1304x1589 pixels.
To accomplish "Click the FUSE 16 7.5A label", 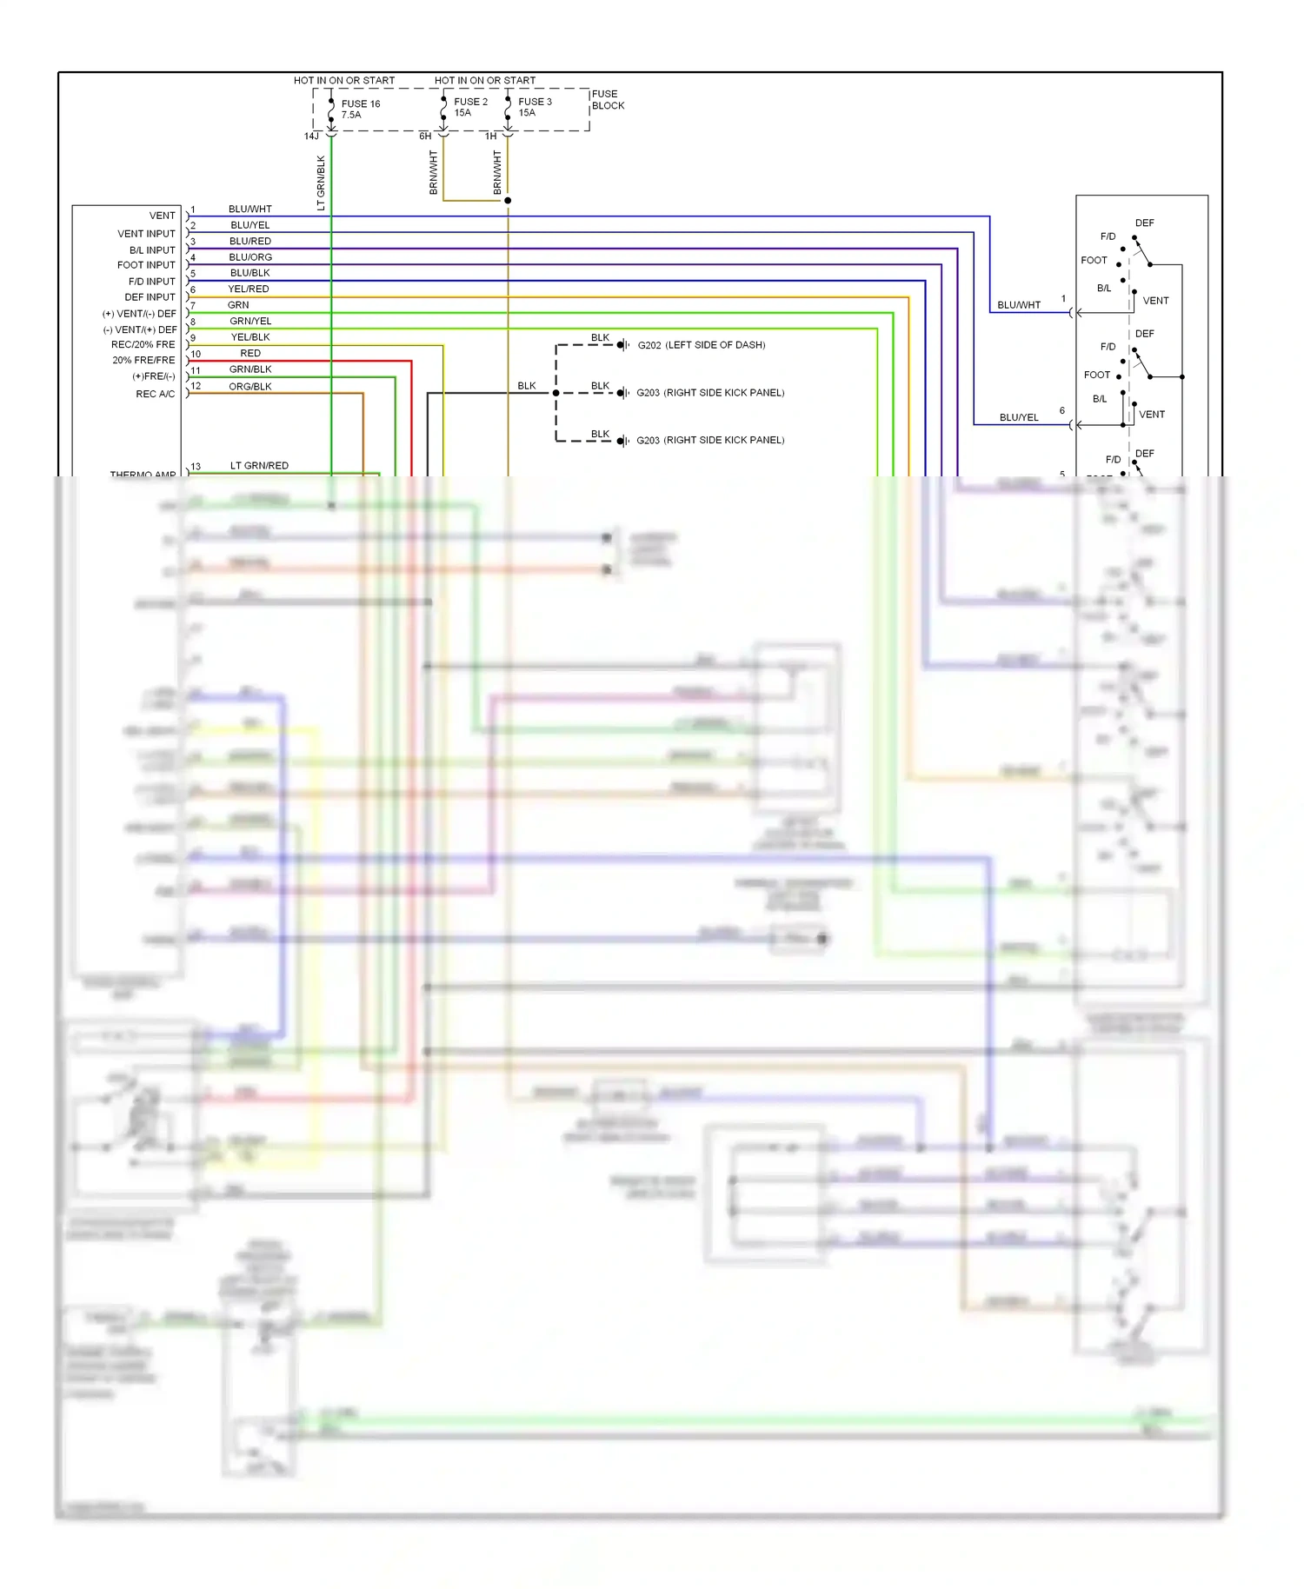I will coord(360,110).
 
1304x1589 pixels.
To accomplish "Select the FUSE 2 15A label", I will coord(470,107).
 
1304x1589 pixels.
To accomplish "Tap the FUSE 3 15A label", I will coord(535,107).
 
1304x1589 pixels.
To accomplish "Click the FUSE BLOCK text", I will coord(608,100).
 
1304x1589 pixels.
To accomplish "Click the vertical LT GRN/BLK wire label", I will coord(321,183).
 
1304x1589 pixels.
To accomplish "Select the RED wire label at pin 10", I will coord(250,354).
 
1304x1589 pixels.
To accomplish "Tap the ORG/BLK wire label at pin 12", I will coord(250,387).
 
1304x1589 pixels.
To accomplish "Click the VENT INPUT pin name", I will coord(146,234).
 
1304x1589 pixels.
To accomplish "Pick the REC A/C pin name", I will coord(155,395).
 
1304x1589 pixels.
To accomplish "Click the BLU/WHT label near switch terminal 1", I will coord(1019,305).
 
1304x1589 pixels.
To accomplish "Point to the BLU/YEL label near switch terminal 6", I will coord(1019,417).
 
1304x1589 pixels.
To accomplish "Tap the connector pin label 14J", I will coord(311,136).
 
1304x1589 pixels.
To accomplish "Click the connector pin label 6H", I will coord(425,136).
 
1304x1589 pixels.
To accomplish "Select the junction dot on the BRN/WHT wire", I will coord(508,201).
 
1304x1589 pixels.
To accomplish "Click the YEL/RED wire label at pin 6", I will coord(249,289).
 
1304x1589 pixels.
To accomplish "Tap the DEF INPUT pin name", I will coord(150,297).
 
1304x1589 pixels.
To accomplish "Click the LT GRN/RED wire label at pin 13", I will coord(259,466).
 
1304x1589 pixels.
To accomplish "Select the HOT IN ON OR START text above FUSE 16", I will coord(344,81).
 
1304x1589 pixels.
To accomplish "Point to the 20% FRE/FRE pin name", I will coord(143,361).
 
